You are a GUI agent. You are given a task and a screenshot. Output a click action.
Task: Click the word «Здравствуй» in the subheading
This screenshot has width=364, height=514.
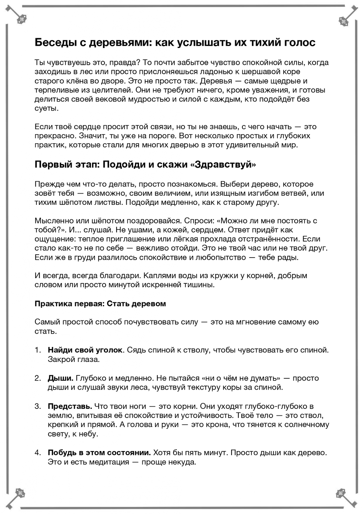(223, 164)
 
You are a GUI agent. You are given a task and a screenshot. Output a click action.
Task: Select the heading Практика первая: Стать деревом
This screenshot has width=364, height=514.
(100, 304)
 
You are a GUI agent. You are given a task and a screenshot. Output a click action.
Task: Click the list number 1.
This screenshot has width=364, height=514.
(38, 350)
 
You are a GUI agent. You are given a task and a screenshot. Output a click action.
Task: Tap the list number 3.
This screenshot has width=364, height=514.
(38, 406)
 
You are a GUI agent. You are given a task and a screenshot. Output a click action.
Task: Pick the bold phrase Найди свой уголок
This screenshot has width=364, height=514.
(85, 350)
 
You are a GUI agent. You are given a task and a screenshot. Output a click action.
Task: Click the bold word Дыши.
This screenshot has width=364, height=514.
(60, 378)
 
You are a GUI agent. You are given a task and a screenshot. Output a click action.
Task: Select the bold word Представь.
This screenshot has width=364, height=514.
(70, 406)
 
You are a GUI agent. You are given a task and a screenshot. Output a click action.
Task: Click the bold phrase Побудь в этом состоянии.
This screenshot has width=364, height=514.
(99, 453)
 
